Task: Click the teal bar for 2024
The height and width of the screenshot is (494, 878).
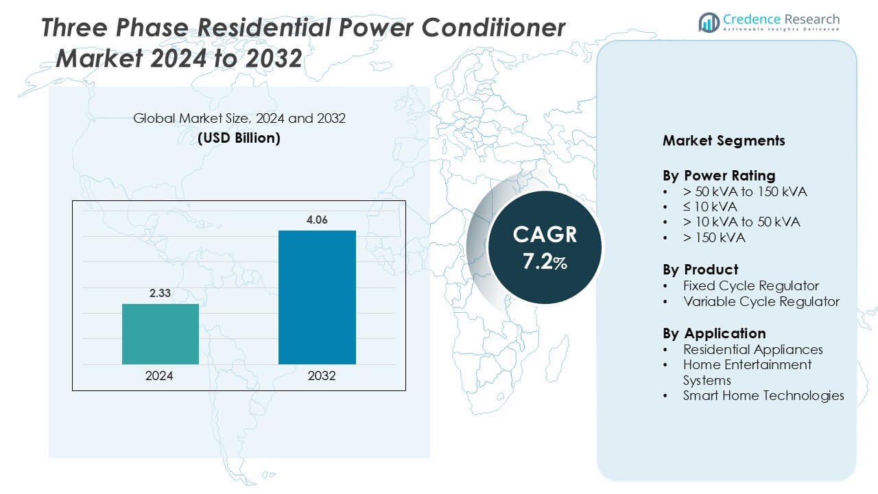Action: (161, 334)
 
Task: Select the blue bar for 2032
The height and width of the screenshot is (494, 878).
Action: (317, 297)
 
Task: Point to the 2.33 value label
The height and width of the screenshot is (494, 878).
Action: (161, 293)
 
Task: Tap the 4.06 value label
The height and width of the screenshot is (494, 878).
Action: (317, 220)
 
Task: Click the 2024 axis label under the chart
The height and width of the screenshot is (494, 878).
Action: (159, 376)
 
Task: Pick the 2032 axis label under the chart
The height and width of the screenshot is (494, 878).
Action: (322, 376)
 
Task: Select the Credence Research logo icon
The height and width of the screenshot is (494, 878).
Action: (709, 22)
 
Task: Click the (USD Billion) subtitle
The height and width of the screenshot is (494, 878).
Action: (239, 137)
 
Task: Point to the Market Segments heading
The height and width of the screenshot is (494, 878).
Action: (724, 141)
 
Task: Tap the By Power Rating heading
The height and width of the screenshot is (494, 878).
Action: (719, 175)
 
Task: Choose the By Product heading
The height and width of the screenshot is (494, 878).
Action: (700, 269)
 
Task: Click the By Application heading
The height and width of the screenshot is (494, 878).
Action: (714, 333)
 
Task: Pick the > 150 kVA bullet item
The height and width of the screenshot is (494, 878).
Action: (714, 238)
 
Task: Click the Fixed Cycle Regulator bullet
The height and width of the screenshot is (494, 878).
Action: (751, 285)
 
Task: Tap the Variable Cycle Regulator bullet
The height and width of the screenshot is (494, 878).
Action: (761, 301)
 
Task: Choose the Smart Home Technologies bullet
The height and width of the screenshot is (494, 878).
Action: (763, 395)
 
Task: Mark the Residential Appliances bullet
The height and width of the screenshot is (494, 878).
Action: (753, 349)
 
